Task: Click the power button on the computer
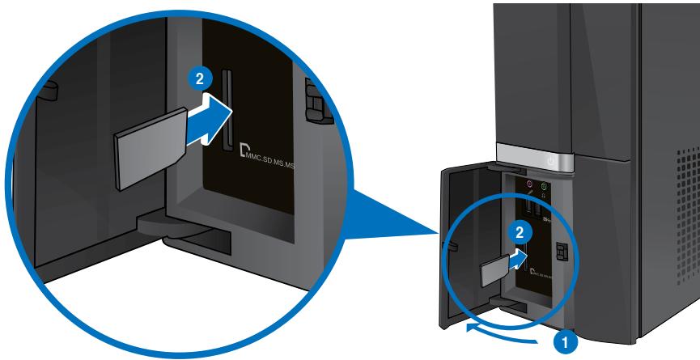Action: coord(550,161)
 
